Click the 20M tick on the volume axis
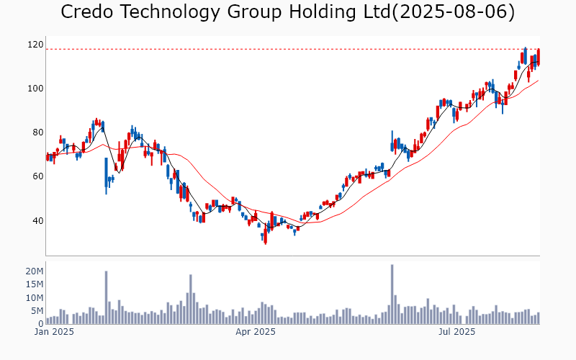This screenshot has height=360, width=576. (x=34, y=271)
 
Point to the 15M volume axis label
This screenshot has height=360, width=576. (x=34, y=284)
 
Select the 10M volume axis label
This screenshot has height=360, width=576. (x=34, y=297)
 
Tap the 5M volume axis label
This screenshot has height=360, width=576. (x=37, y=311)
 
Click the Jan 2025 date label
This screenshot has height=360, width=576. (x=54, y=332)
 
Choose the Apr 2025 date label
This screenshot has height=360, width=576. (x=256, y=332)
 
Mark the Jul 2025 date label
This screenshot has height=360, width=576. (x=456, y=332)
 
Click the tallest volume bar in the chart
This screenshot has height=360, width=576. (x=392, y=294)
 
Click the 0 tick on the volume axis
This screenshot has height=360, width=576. (x=40, y=324)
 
